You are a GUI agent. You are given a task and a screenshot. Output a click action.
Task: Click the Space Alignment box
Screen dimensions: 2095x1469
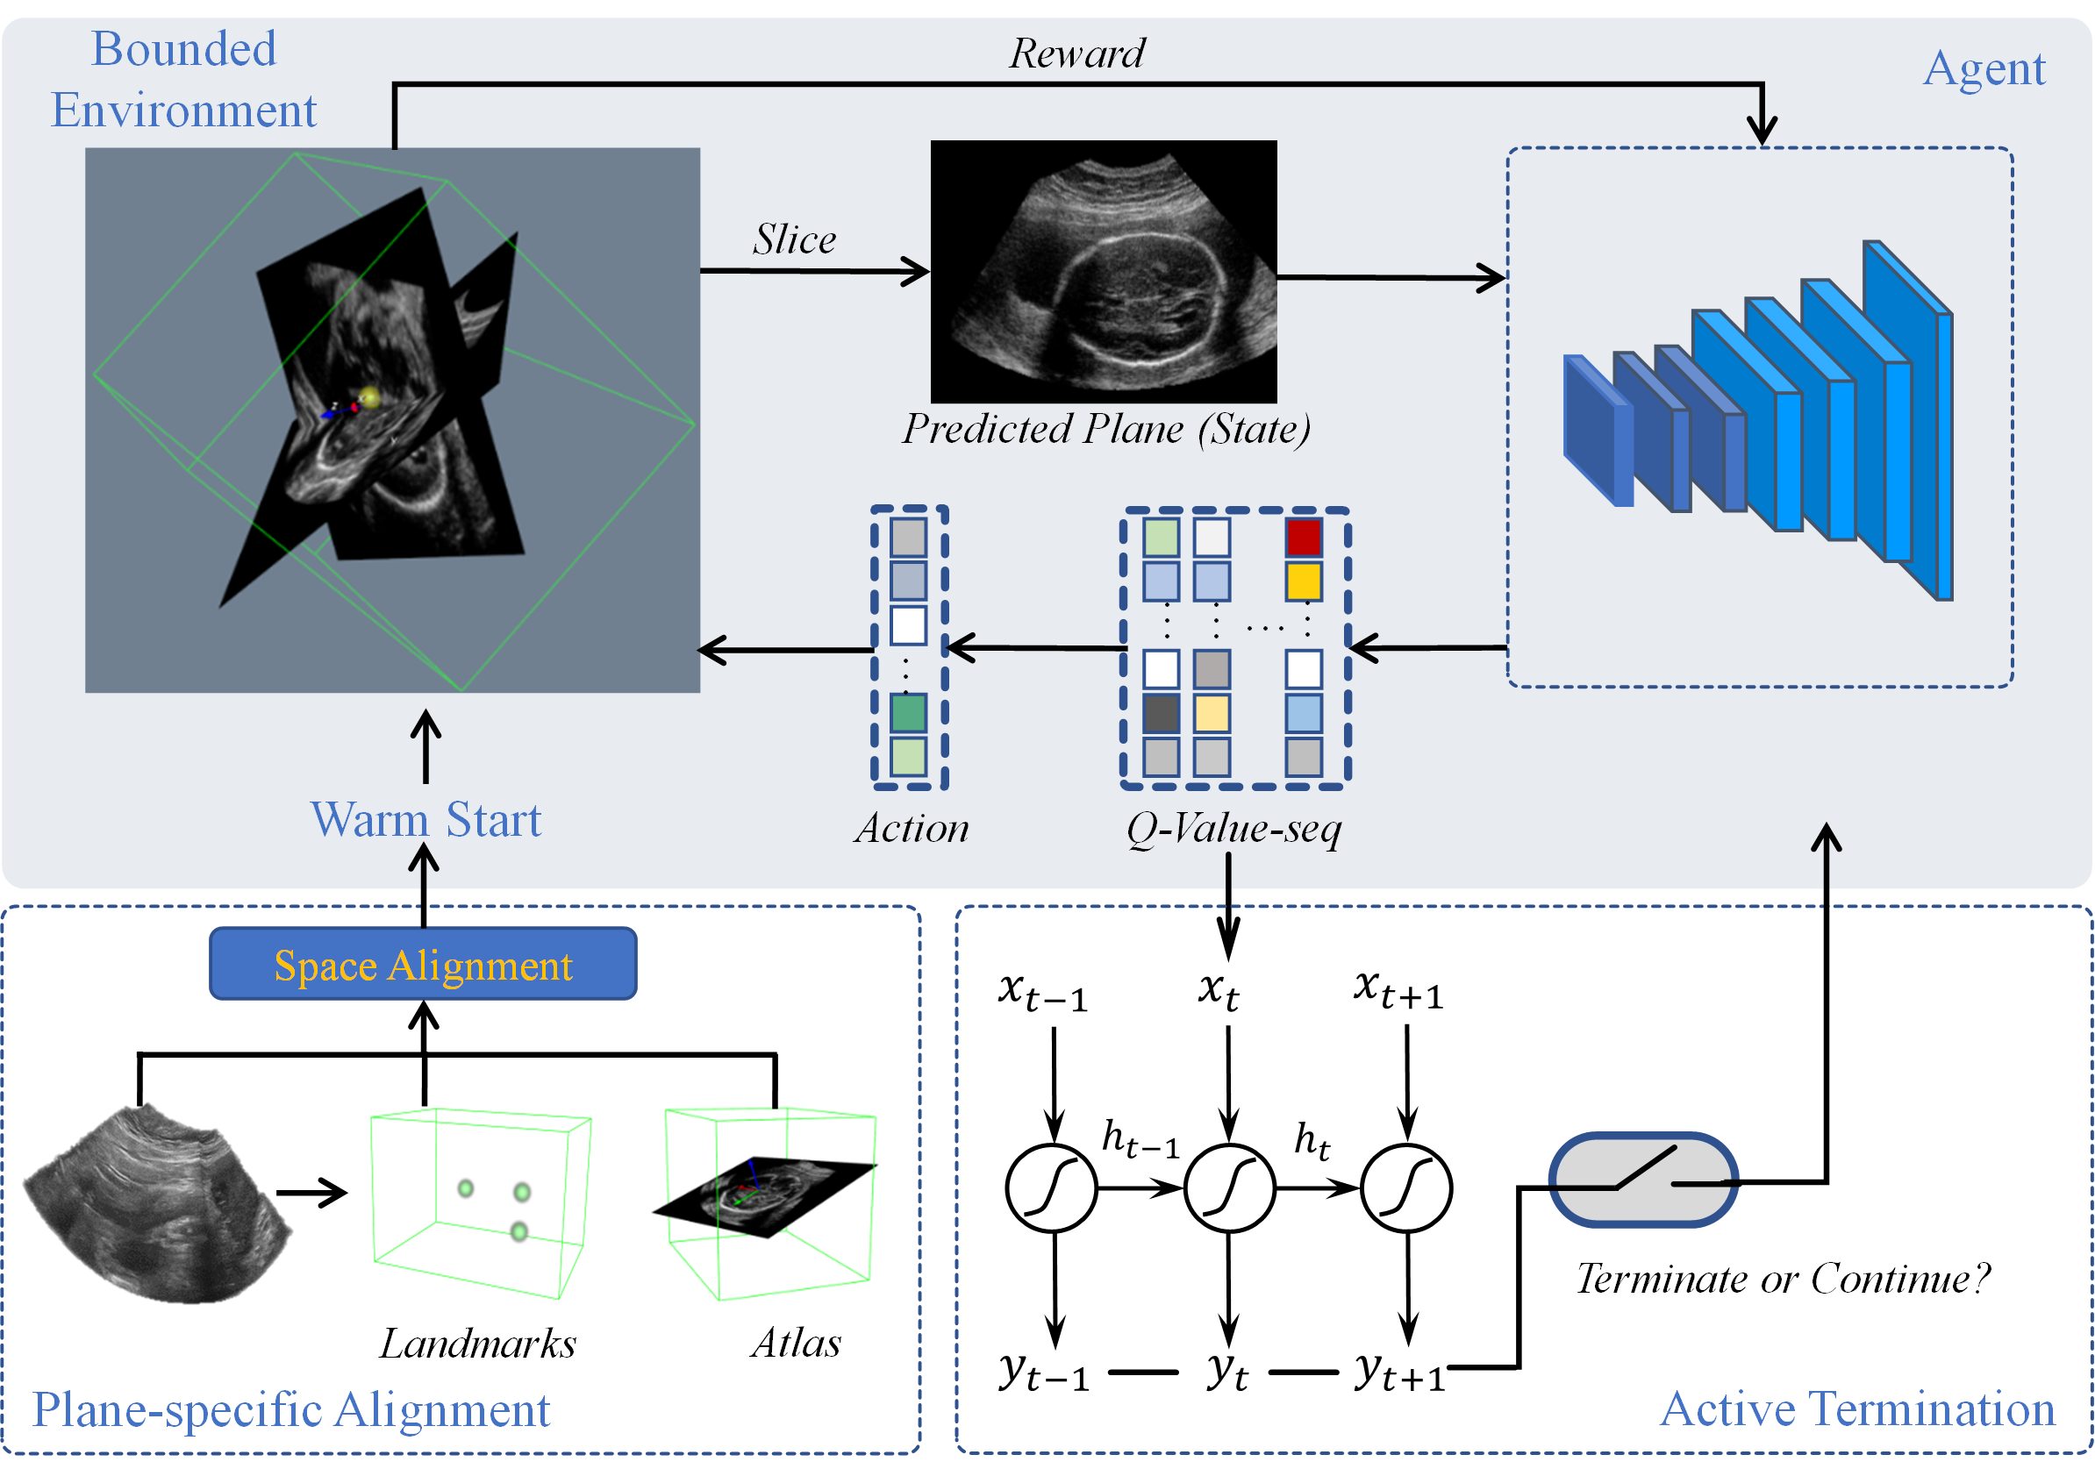pyautogui.click(x=424, y=964)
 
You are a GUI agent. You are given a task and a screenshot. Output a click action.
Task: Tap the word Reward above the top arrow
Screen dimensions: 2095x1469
pyautogui.click(x=1076, y=53)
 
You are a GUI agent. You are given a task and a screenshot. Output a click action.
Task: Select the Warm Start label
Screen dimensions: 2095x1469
pyautogui.click(x=426, y=818)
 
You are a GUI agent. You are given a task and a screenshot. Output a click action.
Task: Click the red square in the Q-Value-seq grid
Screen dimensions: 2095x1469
pyautogui.click(x=1304, y=538)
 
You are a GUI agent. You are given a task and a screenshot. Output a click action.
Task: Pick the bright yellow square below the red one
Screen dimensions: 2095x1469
pyautogui.click(x=1304, y=581)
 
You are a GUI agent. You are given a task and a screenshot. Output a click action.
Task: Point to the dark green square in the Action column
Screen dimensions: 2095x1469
pyautogui.click(x=908, y=713)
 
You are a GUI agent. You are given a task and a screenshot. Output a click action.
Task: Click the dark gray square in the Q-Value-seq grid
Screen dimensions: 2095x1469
pyautogui.click(x=1161, y=714)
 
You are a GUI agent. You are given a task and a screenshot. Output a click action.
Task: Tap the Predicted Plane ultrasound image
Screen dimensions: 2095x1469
pyautogui.click(x=1103, y=271)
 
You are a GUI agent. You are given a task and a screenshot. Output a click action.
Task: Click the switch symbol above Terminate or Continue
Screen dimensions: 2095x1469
pyautogui.click(x=1643, y=1180)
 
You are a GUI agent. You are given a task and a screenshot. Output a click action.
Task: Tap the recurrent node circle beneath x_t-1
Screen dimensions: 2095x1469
pyautogui.click(x=1051, y=1188)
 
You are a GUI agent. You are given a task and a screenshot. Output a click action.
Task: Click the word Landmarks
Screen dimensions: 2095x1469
pyautogui.click(x=478, y=1343)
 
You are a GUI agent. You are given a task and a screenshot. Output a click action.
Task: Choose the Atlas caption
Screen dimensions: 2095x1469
pyautogui.click(x=796, y=1342)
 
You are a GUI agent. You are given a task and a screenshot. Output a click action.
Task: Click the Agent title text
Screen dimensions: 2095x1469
pyautogui.click(x=1984, y=69)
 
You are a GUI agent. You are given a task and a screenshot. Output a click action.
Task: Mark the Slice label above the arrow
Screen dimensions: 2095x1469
pyautogui.click(x=794, y=239)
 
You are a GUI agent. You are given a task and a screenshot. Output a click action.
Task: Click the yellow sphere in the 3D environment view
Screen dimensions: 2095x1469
pyautogui.click(x=368, y=397)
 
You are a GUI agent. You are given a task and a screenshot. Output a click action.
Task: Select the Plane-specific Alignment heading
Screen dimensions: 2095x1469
pyautogui.click(x=291, y=1409)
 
